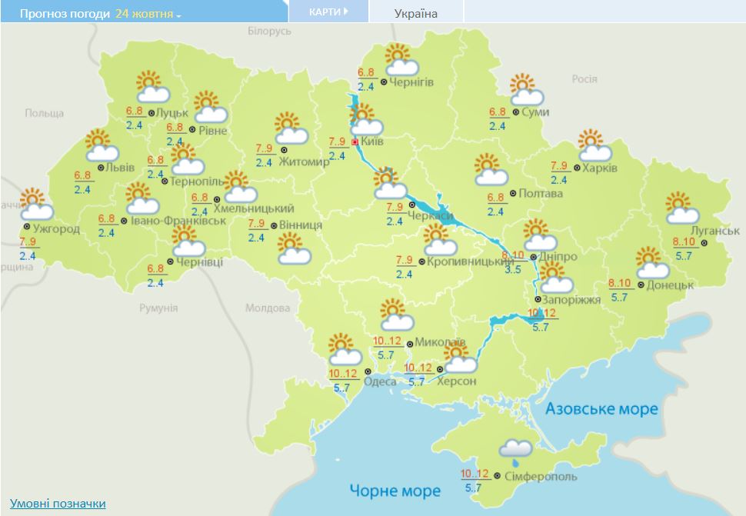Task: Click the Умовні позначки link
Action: point(58,504)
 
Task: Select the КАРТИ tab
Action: point(327,12)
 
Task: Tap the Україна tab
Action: point(415,13)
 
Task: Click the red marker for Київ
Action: point(355,141)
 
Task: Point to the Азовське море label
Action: point(601,408)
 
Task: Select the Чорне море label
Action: point(395,490)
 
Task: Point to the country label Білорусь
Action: point(270,31)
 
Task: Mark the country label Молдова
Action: point(267,308)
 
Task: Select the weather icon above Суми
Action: point(526,90)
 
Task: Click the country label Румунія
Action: point(158,308)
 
